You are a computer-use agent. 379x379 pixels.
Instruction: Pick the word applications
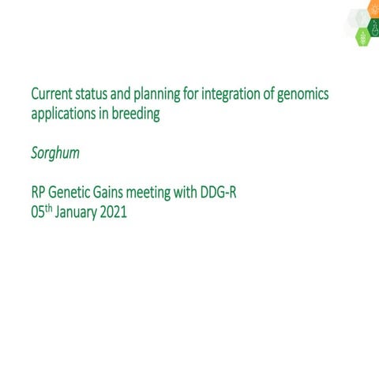coord(66,114)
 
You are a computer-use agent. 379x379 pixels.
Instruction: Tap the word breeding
coord(137,114)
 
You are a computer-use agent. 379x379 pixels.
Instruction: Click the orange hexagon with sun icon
coord(373,9)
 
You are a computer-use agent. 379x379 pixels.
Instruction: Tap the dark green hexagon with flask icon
coord(374,29)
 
